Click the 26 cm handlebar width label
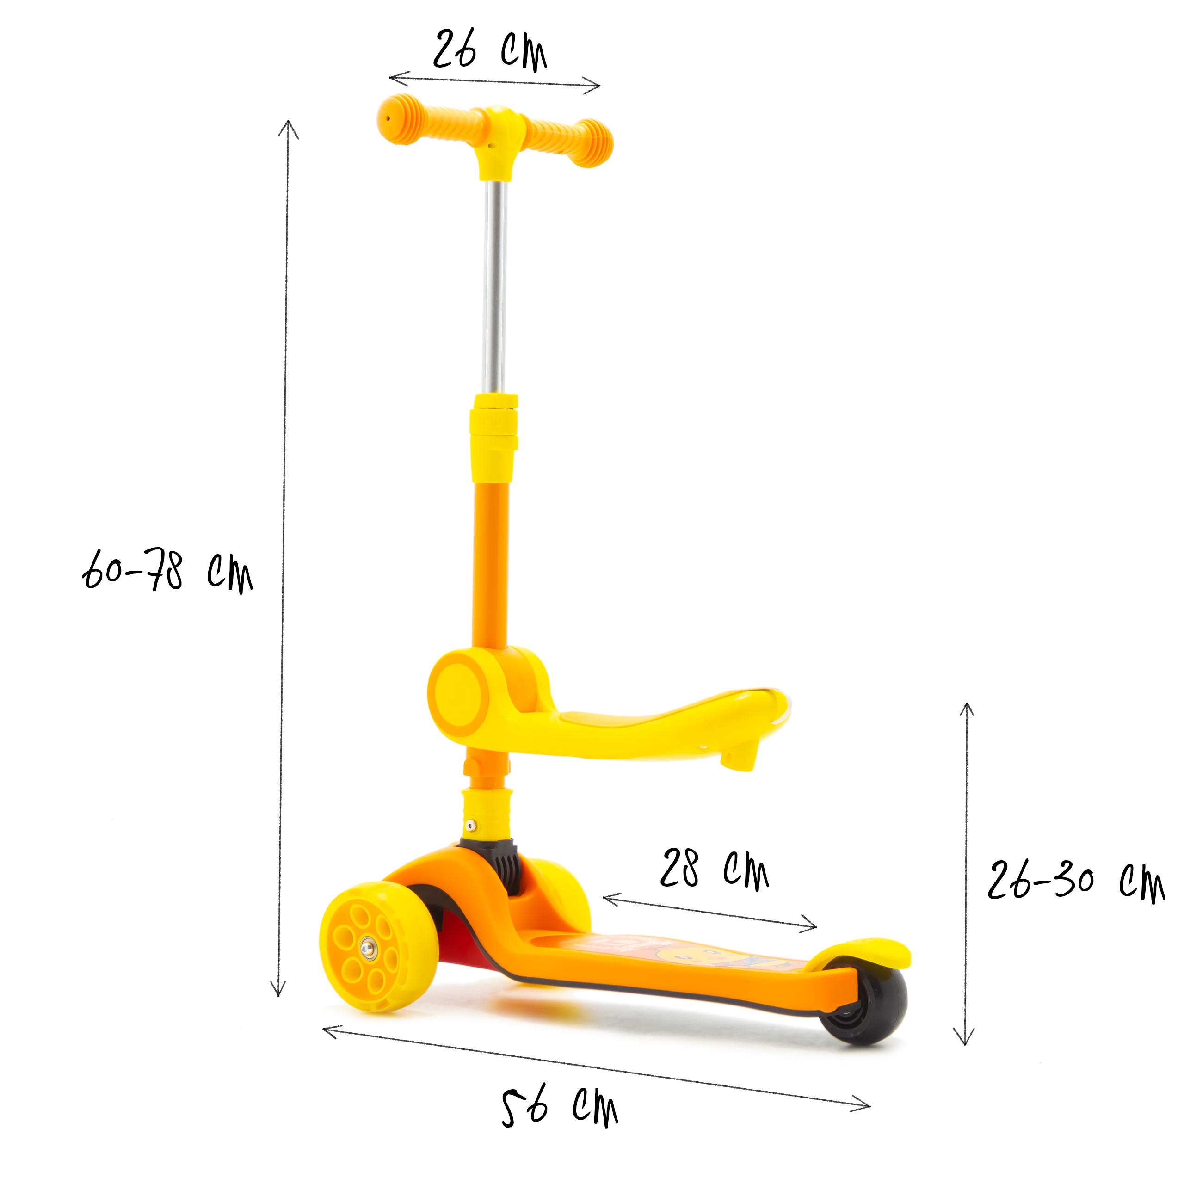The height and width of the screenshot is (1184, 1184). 490,51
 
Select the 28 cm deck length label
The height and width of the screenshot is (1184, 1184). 714,869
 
